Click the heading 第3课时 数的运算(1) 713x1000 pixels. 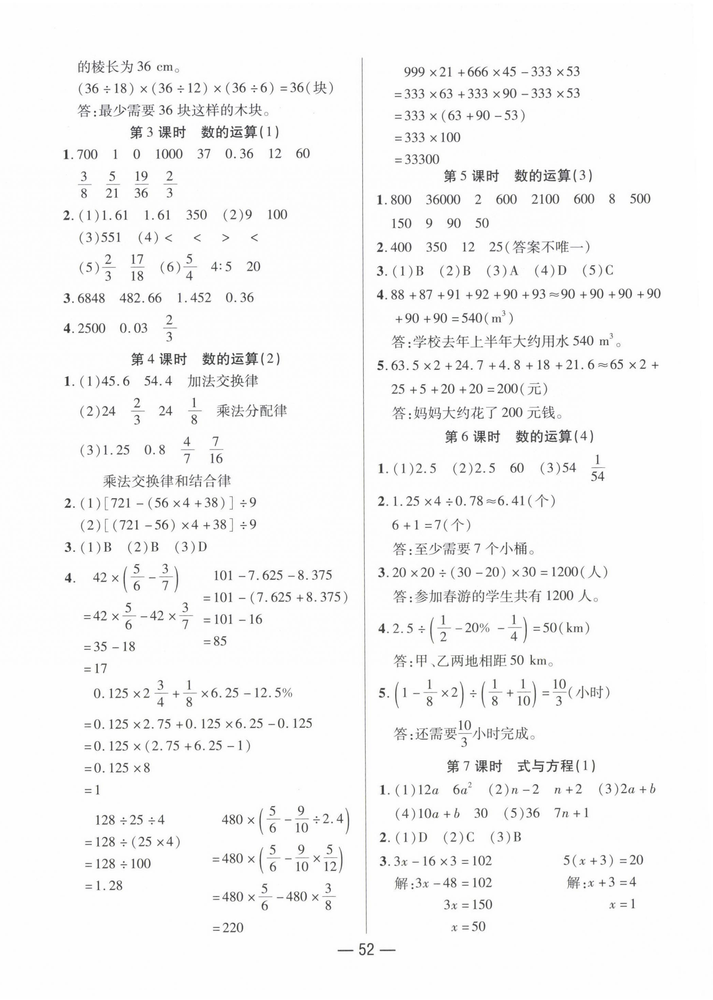pyautogui.click(x=204, y=132)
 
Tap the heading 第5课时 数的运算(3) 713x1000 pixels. pyautogui.click(x=518, y=176)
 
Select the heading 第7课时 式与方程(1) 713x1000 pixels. pyautogui.click(x=521, y=766)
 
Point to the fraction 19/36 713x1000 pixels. pyautogui.click(x=141, y=184)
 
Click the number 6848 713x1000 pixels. pyautogui.click(x=91, y=298)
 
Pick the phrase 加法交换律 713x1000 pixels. pyautogui.click(x=223, y=381)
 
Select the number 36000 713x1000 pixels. pyautogui.click(x=443, y=200)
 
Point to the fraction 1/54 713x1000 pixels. pyautogui.click(x=597, y=469)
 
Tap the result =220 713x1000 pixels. pyautogui.click(x=227, y=927)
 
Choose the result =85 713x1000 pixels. pyautogui.click(x=215, y=641)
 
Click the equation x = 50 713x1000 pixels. pyautogui.click(x=468, y=927)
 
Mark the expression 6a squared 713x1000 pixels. pyautogui.click(x=462, y=790)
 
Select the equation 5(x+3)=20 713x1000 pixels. pyautogui.click(x=603, y=860)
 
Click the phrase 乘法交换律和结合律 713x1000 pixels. pyautogui.click(x=167, y=481)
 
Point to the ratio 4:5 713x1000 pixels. pyautogui.click(x=221, y=267)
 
